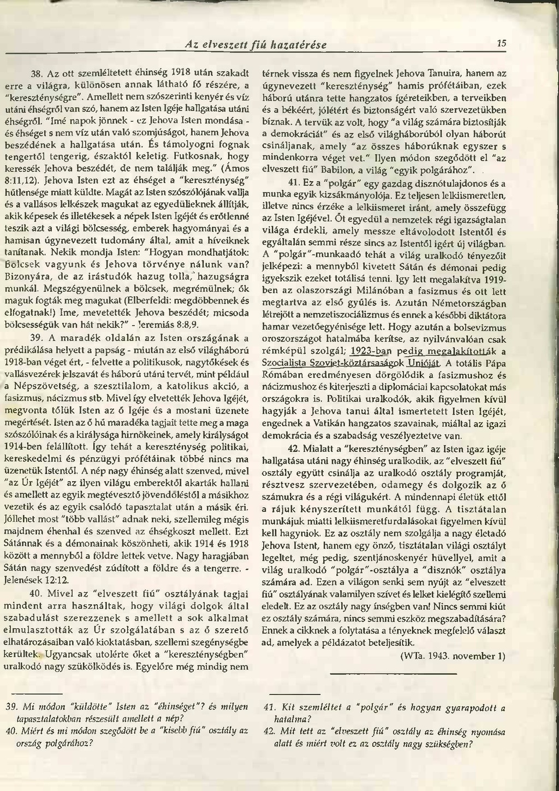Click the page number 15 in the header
pos(502,44)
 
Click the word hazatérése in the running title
pos(298,45)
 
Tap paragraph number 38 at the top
pos(36,73)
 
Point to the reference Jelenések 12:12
pos(36,580)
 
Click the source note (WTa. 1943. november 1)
pos(453,656)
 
